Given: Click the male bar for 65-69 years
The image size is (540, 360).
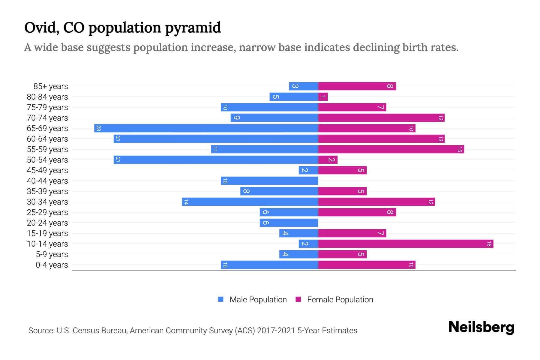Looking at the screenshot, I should (x=206, y=128).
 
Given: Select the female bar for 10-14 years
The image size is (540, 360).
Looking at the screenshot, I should (x=406, y=244).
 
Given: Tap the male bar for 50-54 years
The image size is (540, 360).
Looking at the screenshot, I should (x=216, y=160).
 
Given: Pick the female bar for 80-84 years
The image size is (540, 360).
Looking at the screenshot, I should (x=323, y=97).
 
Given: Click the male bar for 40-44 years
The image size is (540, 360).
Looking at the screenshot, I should (x=269, y=181).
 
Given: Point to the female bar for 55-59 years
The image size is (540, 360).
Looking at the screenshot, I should (x=391, y=149).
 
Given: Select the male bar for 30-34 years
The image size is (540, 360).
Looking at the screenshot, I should (x=250, y=202).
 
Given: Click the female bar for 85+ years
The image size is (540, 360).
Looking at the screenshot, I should (x=357, y=86).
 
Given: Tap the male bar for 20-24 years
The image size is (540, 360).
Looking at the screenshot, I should (x=289, y=223).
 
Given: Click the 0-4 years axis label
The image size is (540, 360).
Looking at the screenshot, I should (x=52, y=265).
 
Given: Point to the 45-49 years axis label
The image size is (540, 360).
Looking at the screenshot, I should (x=47, y=170).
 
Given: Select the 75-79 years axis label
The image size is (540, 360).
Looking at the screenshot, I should (x=47, y=107).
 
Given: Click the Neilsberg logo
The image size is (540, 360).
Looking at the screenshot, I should (x=481, y=327).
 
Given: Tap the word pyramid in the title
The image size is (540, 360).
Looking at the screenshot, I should (x=193, y=28).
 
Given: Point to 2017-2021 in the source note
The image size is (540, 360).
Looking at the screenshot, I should (x=276, y=331).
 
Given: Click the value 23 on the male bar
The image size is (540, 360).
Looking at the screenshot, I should (x=98, y=128).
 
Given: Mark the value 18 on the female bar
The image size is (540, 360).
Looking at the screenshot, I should (x=489, y=244).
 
